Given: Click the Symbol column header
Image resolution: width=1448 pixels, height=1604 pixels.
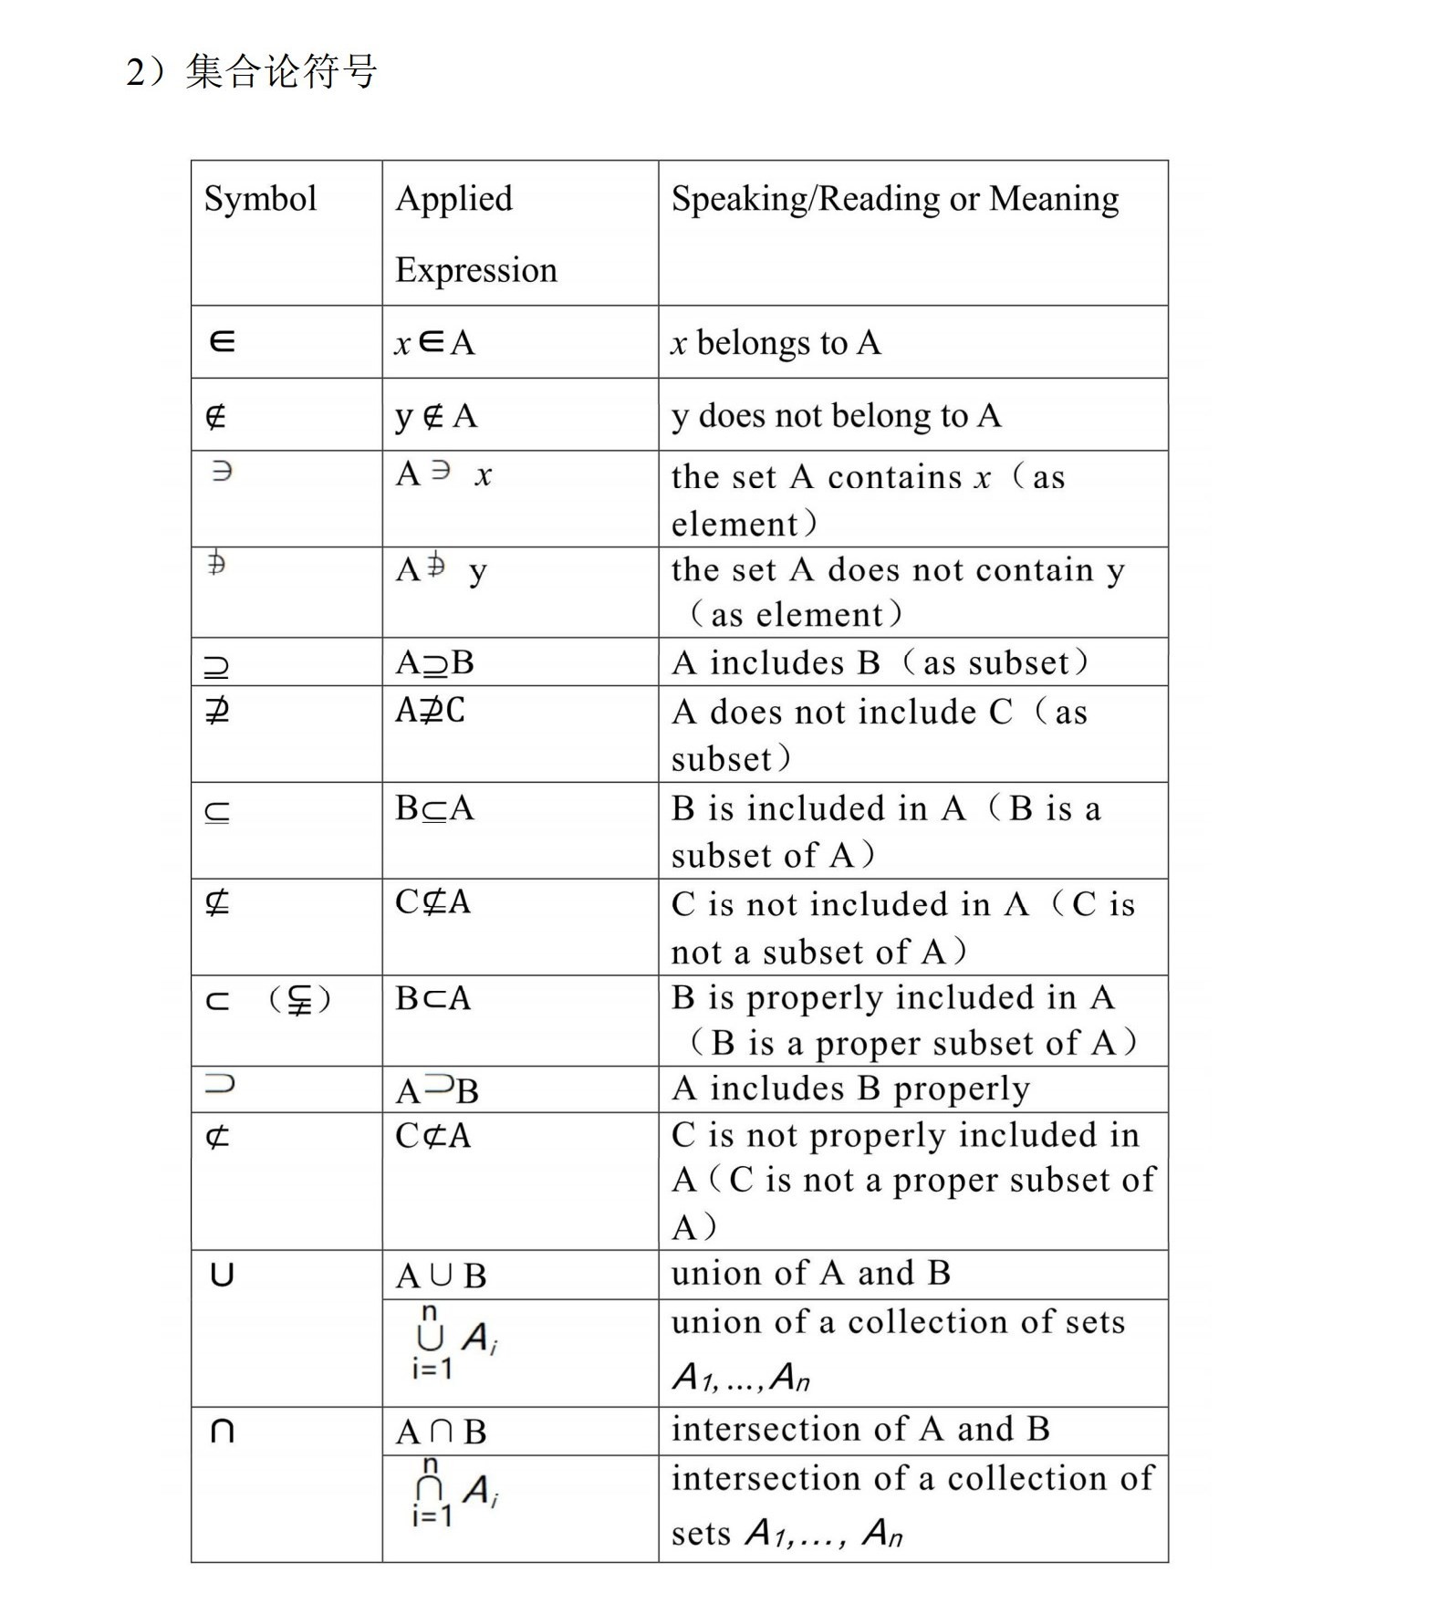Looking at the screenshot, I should (260, 199).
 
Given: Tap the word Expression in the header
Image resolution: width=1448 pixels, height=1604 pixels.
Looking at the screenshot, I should (475, 270).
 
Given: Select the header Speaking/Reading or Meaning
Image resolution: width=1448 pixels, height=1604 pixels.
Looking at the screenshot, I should (894, 199).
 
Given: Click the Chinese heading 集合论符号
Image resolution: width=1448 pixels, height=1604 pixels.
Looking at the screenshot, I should (281, 71).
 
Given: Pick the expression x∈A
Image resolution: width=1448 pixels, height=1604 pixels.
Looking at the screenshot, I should (434, 343).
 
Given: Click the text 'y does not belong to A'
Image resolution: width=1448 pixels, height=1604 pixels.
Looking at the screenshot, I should (836, 416).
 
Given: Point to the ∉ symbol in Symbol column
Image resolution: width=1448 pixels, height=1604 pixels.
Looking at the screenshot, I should (216, 417).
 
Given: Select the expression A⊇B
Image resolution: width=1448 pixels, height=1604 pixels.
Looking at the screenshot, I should (434, 662).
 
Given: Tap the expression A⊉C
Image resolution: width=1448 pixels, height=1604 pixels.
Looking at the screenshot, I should (430, 710).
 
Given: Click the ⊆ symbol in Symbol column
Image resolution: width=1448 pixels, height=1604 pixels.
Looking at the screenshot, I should (217, 811).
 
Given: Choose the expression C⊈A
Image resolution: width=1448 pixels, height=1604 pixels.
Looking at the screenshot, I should (432, 901).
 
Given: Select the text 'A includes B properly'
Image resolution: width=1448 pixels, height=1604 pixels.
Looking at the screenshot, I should (850, 1088).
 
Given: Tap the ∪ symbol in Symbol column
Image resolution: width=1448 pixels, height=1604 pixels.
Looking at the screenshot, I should (222, 1274).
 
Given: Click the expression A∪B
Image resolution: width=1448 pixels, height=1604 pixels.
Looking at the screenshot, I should (441, 1276).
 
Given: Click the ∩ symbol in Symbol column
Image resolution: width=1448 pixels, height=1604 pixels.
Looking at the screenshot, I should (222, 1431).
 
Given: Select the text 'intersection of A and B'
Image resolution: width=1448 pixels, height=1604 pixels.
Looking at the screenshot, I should (860, 1429).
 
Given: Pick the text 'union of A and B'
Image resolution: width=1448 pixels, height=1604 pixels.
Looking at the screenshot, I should (810, 1273).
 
